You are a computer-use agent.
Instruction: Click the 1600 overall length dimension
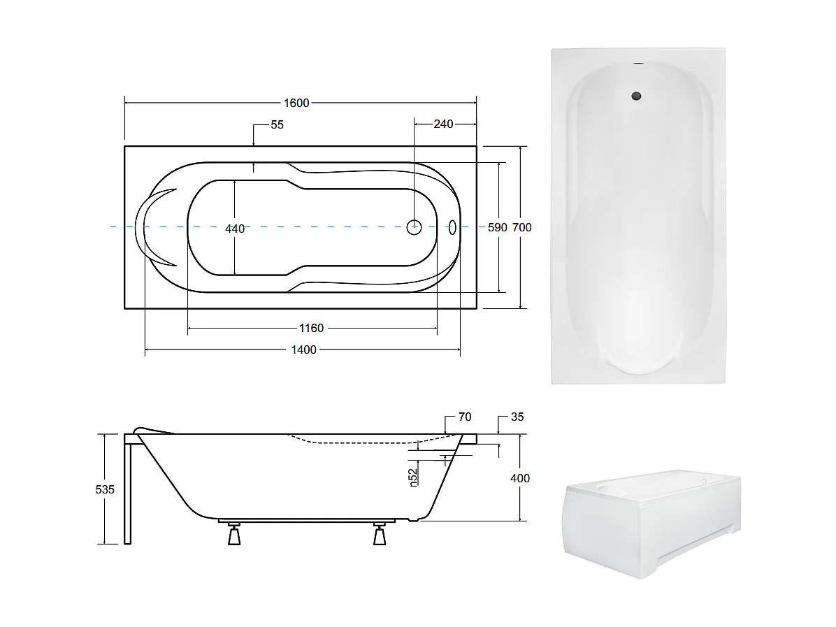pos(296,103)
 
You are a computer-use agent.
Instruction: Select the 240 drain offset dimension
pos(443,124)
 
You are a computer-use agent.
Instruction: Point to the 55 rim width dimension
pos(277,124)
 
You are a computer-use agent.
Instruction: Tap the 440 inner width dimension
pos(235,229)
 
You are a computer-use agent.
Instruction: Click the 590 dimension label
pos(497,228)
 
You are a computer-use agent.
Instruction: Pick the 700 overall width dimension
pos(521,228)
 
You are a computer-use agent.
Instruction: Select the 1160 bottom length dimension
pos(311,329)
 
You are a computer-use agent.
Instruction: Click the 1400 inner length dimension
pos(303,349)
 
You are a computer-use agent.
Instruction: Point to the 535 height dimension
pos(105,489)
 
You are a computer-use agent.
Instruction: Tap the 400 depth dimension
pos(521,478)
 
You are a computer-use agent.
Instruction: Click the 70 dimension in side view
pos(464,417)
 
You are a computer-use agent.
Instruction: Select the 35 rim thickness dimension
pos(517,417)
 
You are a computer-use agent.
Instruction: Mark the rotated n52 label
pos(414,477)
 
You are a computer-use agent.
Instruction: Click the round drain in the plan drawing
pos(415,226)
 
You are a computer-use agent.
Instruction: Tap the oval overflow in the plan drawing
pos(452,226)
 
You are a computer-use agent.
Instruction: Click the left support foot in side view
pos(233,535)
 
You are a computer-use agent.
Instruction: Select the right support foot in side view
pos(379,535)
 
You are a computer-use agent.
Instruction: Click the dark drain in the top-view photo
pos(636,96)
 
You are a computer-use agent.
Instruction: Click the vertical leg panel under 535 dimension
pos(127,489)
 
